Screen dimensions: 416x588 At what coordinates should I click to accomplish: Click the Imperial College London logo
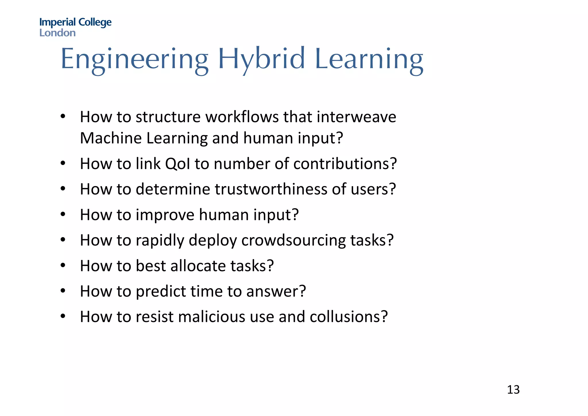coord(75,27)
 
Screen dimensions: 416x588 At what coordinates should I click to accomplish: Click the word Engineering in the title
coord(134,59)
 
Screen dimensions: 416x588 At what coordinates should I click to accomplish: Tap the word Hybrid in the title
coord(261,59)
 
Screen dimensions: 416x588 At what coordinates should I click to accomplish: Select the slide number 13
coord(513,390)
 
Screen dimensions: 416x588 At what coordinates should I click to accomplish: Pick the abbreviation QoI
coord(178,164)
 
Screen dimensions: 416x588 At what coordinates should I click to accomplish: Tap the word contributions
coord(345,164)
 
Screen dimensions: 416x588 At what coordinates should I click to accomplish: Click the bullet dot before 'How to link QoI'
coord(63,164)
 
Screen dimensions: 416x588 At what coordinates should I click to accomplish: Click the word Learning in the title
coord(369,59)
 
